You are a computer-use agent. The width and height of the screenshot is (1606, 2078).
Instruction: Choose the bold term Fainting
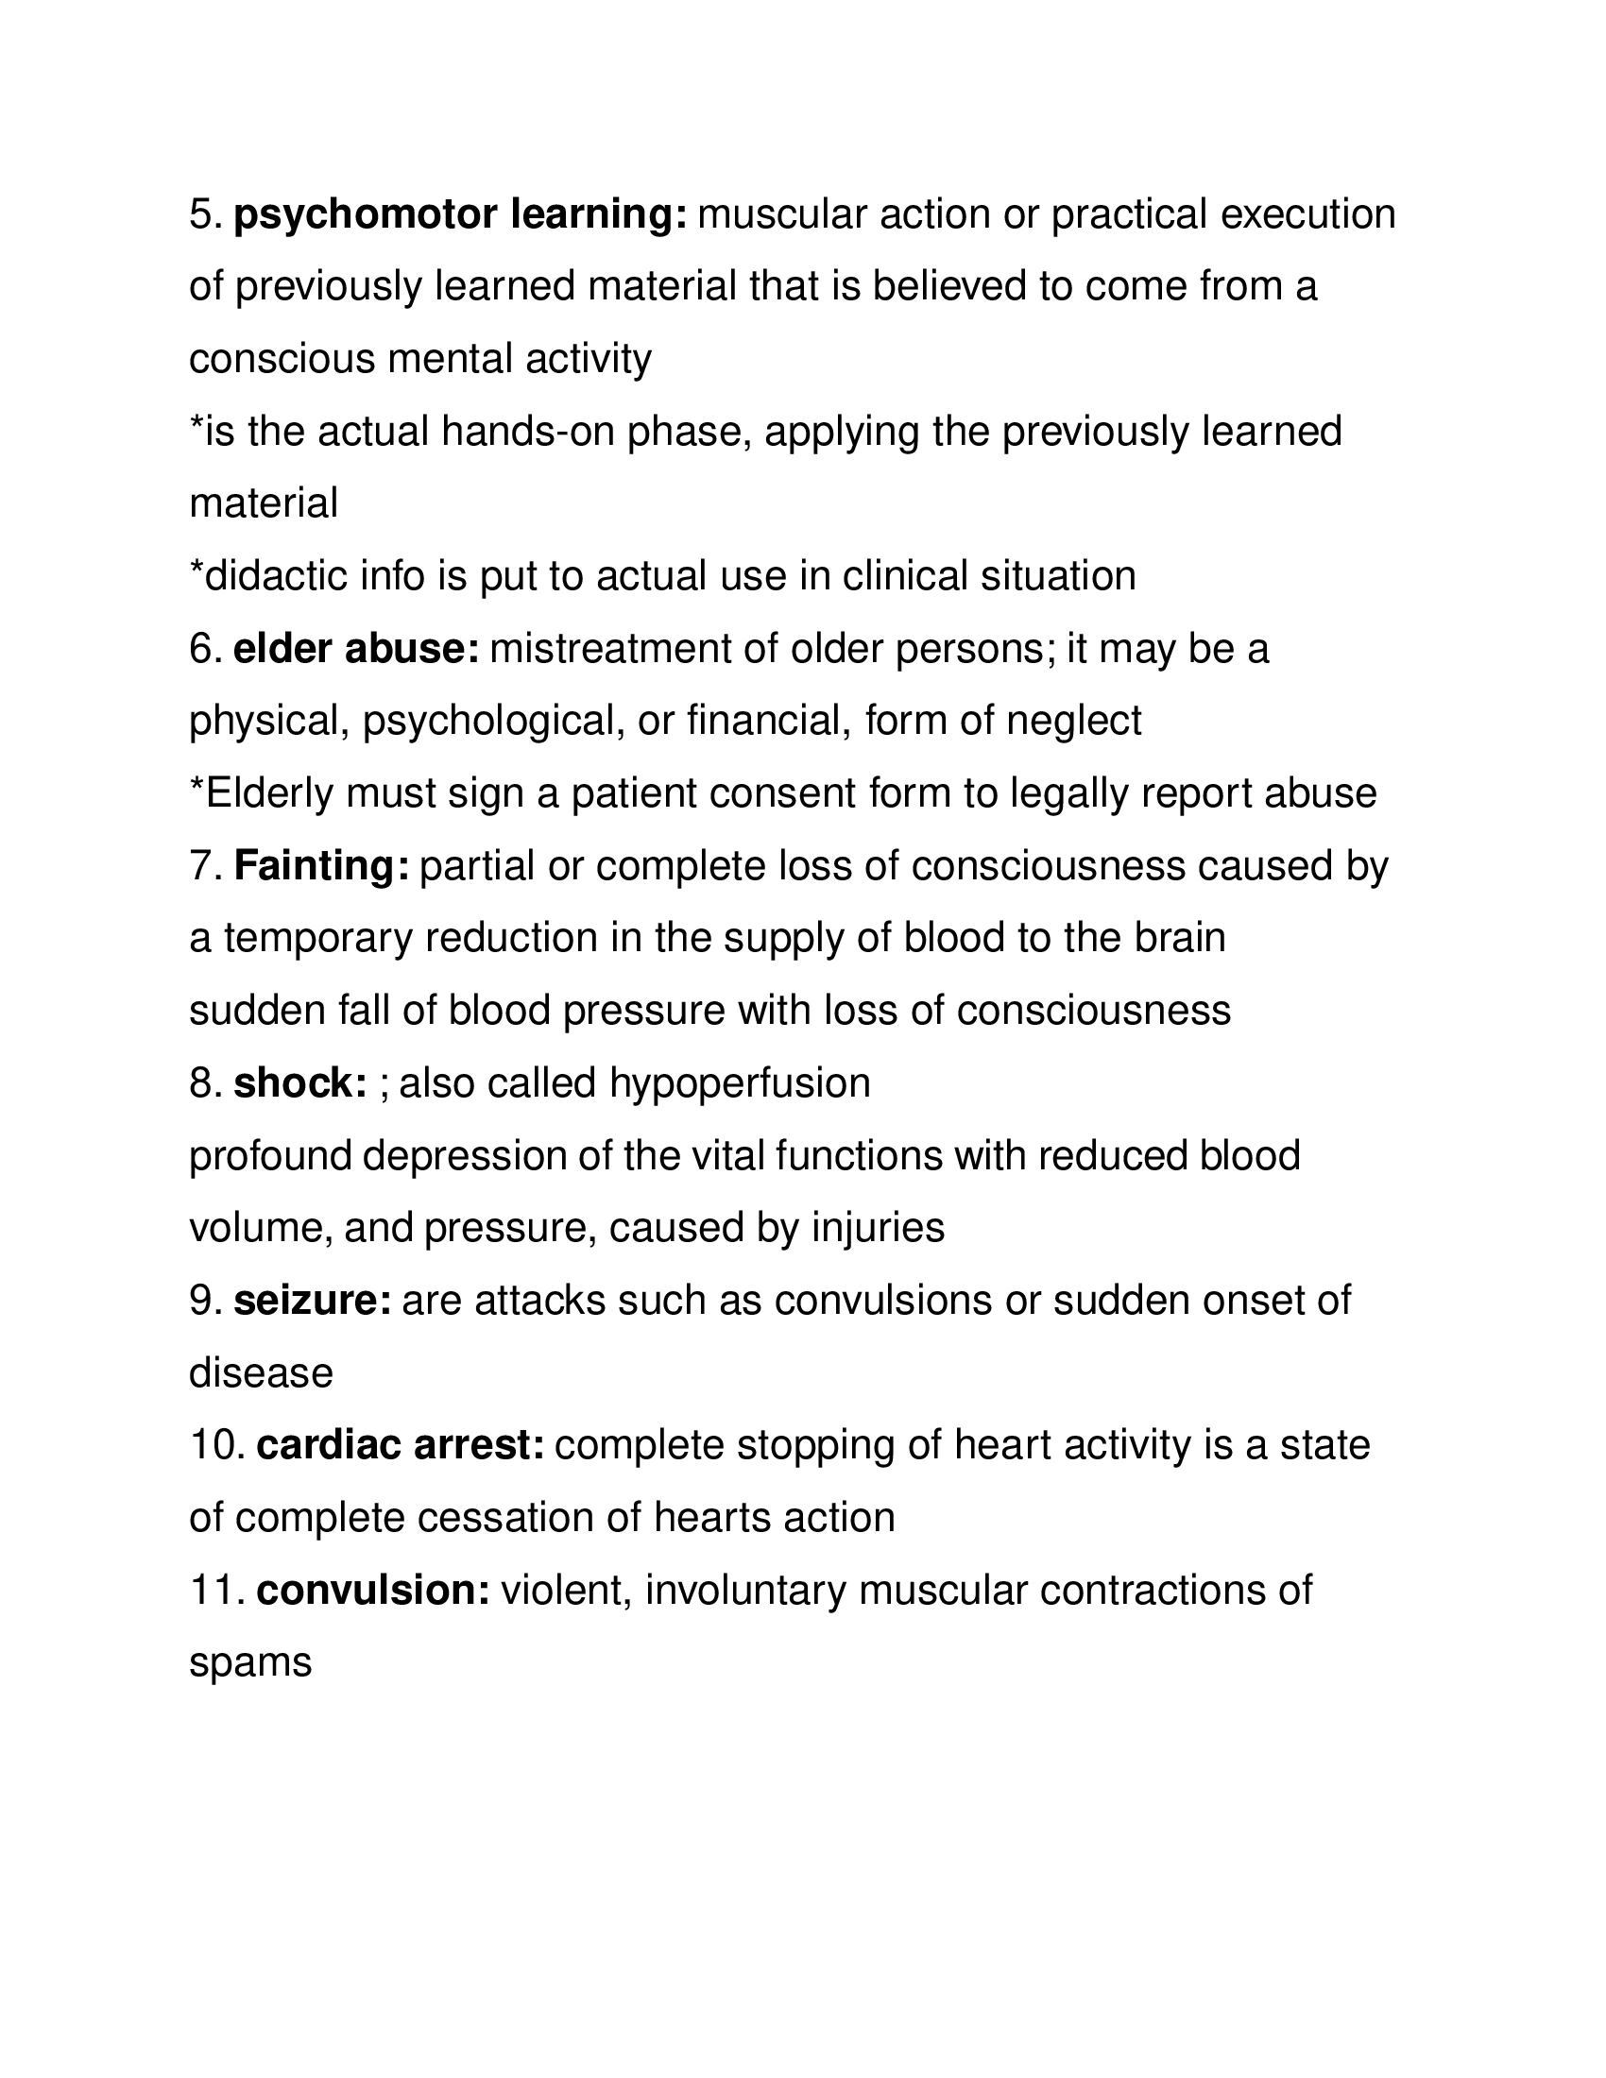321,867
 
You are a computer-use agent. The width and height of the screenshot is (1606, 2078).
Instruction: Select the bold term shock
300,1083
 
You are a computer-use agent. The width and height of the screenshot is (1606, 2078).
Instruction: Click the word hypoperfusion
740,1084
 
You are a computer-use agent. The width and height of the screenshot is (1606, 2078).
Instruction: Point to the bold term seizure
312,1302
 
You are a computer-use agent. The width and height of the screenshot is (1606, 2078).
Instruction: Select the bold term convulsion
373,1591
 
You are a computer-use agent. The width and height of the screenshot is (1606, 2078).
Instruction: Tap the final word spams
251,1664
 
